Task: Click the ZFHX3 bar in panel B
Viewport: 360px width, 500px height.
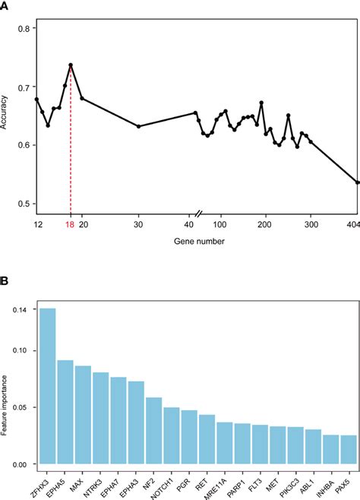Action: point(48,386)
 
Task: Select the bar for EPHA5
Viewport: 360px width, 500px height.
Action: point(65,412)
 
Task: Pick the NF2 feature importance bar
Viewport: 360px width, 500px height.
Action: point(154,431)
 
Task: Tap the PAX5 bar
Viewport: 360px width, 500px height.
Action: point(349,449)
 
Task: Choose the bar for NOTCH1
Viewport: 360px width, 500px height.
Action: point(172,435)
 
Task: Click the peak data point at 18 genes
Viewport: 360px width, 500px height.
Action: point(71,65)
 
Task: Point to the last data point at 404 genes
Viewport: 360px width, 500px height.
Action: point(358,182)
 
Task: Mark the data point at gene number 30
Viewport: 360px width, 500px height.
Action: point(138,127)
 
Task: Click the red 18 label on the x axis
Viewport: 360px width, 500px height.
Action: point(70,224)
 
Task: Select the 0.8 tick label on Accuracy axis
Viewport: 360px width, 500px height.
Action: point(24,29)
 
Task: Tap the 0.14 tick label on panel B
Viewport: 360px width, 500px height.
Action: point(20,309)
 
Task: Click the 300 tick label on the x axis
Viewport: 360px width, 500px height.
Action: point(311,224)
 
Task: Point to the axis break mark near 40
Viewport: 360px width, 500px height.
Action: point(198,214)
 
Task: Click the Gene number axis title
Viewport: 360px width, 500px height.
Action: point(199,242)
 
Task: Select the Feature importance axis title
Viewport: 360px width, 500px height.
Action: point(4,405)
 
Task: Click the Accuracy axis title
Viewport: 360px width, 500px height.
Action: point(4,112)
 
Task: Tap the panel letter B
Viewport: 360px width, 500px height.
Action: point(4,281)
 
